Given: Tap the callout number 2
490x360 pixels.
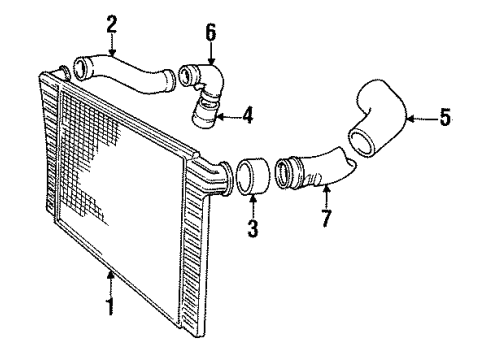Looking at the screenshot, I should click(111, 23).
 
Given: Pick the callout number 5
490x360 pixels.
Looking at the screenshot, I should click(445, 117).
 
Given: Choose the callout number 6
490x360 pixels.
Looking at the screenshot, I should click(210, 33).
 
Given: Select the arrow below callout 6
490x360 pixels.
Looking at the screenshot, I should click(210, 52).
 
